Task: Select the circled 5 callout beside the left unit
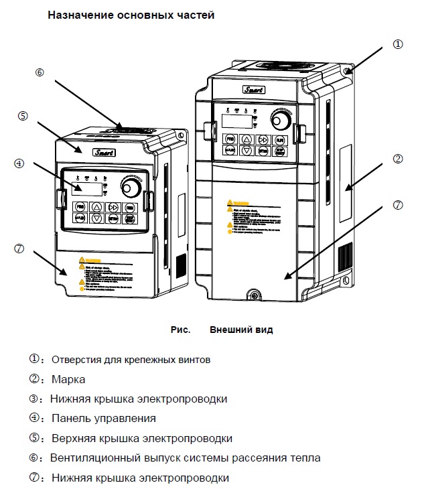pos(23,116)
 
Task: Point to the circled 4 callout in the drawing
pos(19,163)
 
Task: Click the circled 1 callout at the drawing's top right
pos(398,44)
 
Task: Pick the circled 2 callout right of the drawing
pos(398,159)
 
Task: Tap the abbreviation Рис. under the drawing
pos(180,330)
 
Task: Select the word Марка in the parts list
pos(68,379)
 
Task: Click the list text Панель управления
pos(103,418)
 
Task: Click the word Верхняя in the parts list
pos(74,438)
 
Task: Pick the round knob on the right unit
pos(281,121)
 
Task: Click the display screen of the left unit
pos(87,188)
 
